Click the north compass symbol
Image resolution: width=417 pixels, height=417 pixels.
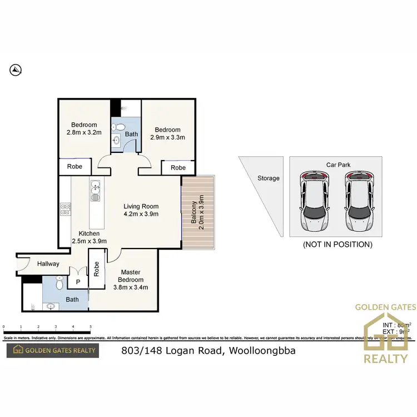pos(16,69)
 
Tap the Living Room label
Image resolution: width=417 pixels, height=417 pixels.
pos(141,210)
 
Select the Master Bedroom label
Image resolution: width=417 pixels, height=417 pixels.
pos(131,280)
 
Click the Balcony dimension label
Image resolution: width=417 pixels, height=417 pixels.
pos(197,211)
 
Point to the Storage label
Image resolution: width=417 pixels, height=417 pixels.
pos(269,178)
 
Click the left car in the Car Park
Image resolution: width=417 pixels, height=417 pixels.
pos(315,201)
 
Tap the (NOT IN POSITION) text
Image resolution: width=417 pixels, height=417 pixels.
pos(337,244)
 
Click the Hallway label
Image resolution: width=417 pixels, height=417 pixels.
pos(48,264)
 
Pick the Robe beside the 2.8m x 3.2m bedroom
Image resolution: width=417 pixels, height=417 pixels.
pos(75,166)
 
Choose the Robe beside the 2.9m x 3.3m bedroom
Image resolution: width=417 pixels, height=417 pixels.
pos(178,167)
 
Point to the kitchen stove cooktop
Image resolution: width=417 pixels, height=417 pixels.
pos(64,209)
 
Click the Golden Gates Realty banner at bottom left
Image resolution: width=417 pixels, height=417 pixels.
pos(52,350)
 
